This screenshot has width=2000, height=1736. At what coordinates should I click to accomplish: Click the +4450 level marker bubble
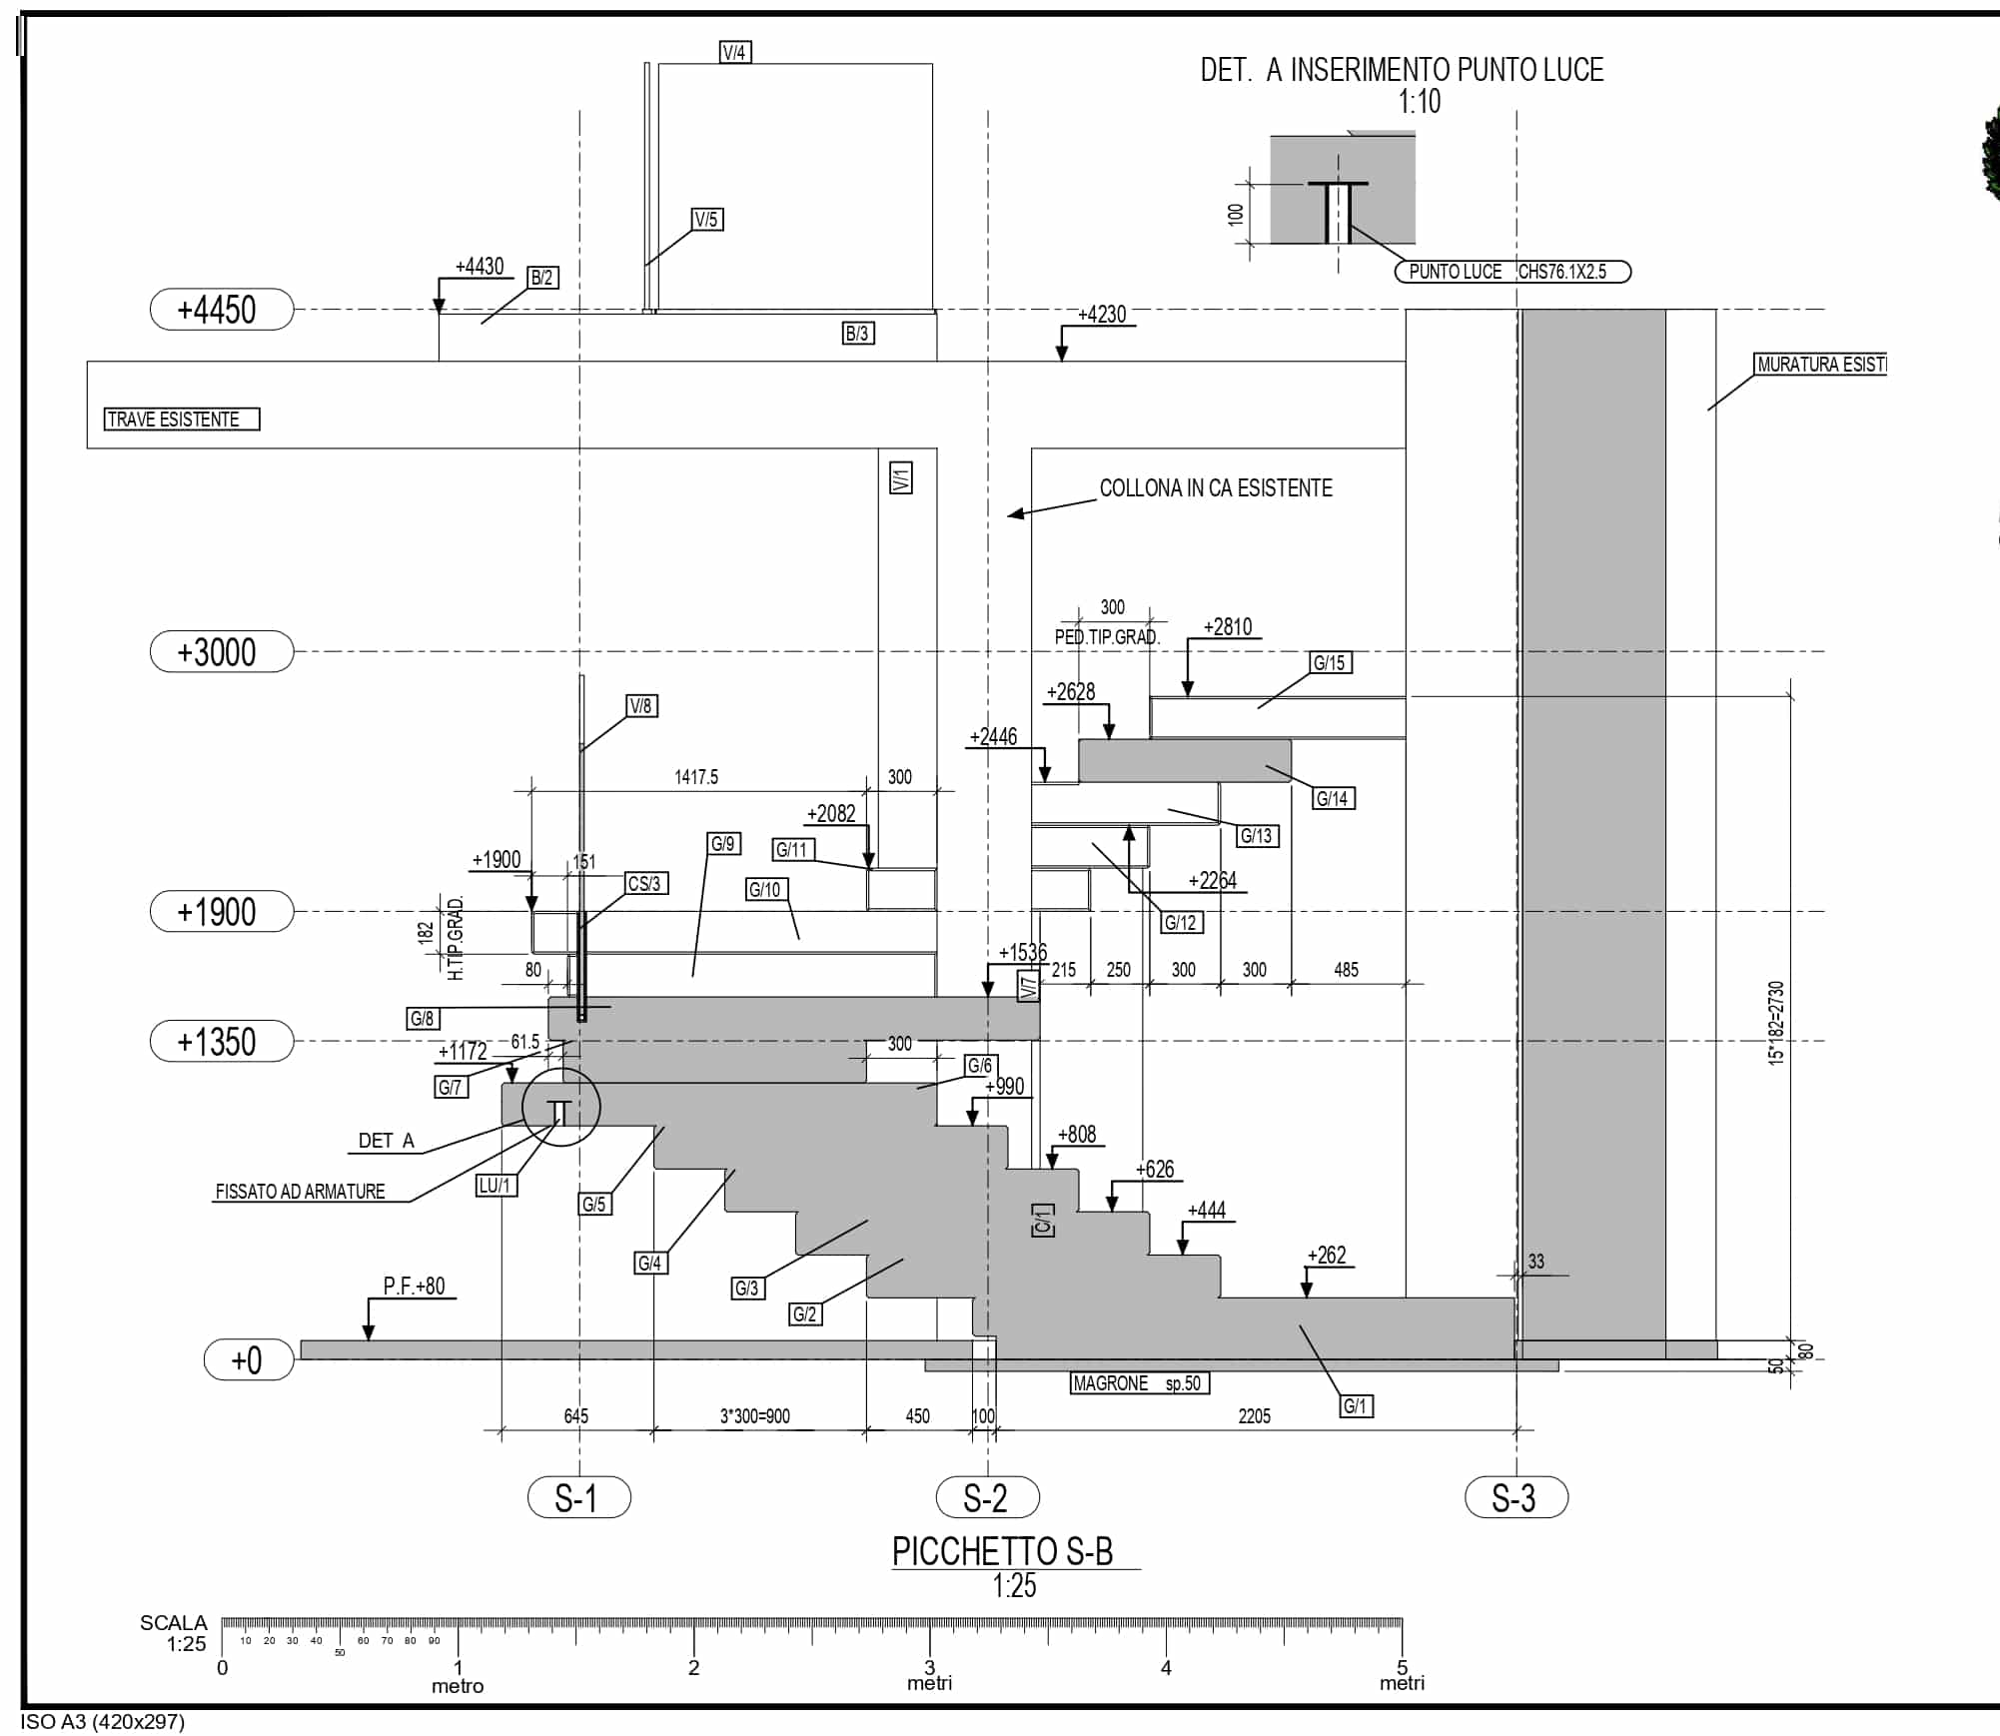tap(222, 310)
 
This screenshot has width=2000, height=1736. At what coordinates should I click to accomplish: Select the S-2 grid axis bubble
tap(987, 1498)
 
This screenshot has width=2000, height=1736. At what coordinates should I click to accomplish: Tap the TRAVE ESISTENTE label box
tap(181, 420)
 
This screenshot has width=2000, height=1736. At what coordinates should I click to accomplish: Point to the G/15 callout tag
tap(1330, 663)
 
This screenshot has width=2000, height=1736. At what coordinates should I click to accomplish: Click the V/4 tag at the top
tap(735, 53)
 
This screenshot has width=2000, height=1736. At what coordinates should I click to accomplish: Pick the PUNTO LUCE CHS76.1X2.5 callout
tap(1511, 272)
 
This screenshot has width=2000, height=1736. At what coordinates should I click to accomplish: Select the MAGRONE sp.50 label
tap(1139, 1383)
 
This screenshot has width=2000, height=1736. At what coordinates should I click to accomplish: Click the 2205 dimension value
tap(1254, 1416)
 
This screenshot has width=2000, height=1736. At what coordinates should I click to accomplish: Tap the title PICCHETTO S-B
tap(1002, 1551)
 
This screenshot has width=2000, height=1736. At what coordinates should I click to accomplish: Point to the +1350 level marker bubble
tap(222, 1042)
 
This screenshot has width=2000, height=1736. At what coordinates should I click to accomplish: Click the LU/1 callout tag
tap(496, 1186)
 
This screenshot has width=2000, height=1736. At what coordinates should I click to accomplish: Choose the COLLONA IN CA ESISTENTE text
tap(1216, 488)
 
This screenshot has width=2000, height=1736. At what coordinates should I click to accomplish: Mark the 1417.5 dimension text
tap(696, 777)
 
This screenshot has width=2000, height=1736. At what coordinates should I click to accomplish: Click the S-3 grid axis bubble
tap(1515, 1498)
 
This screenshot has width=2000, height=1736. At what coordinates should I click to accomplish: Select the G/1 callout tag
tap(1356, 1406)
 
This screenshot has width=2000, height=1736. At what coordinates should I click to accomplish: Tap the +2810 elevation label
tap(1227, 627)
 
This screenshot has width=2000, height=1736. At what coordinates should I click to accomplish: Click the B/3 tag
tap(858, 334)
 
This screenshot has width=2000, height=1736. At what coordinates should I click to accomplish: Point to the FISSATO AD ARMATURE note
tap(300, 1192)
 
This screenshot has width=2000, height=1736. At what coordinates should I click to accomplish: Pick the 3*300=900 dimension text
tap(754, 1416)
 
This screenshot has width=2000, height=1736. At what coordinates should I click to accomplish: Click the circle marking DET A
tap(560, 1107)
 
